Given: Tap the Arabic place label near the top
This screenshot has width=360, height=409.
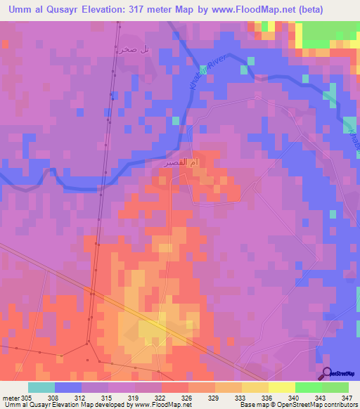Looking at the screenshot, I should pyautogui.click(x=135, y=50).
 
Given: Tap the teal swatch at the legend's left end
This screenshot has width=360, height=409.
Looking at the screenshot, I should pyautogui.click(x=41, y=387).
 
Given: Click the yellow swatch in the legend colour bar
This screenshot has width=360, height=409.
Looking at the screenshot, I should pyautogui.click(x=281, y=387).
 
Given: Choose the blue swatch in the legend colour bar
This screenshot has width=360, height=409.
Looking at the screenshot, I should pyautogui.click(x=68, y=387).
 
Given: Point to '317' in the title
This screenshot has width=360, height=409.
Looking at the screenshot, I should pyautogui.click(x=138, y=10).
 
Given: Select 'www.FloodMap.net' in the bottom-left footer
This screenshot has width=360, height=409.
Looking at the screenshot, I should pyautogui.click(x=162, y=405).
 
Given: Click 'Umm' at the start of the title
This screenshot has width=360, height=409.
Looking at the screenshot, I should pyautogui.click(x=15, y=10).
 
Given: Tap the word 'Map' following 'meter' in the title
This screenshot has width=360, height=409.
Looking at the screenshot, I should pyautogui.click(x=186, y=10).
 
